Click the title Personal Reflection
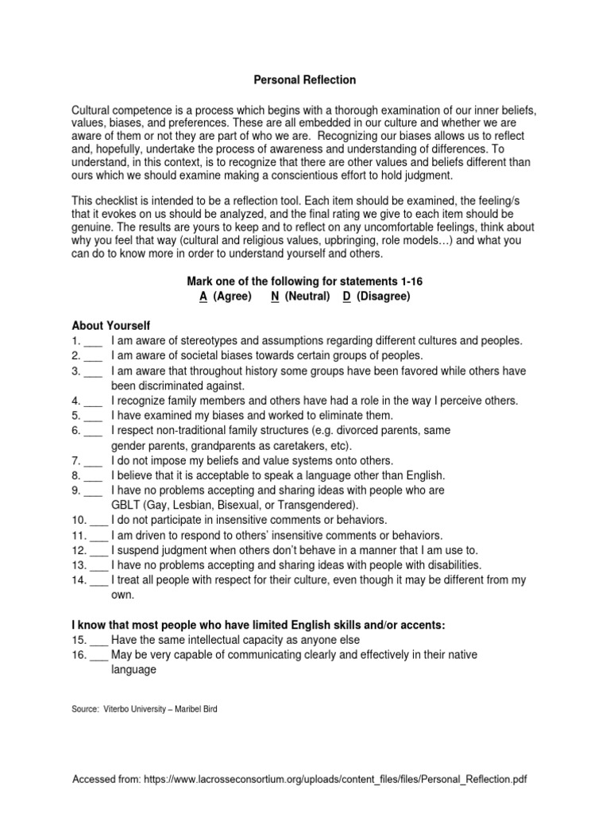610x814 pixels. coord(305,80)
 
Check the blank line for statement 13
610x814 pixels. coord(99,565)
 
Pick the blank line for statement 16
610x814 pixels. coord(99,654)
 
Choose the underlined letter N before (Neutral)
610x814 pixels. coord(274,296)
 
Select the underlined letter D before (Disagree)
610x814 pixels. coord(347,296)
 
